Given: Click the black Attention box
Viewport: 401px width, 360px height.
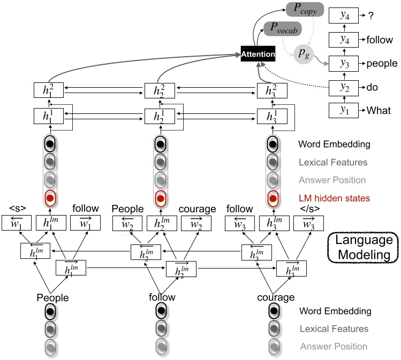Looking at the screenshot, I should pyautogui.click(x=258, y=53).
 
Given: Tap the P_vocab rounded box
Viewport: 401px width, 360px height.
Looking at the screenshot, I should pyautogui.click(x=282, y=29).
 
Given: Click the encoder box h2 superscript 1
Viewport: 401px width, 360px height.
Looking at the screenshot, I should pyautogui.click(x=160, y=116).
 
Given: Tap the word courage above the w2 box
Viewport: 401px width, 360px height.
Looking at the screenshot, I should pyautogui.click(x=198, y=209).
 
